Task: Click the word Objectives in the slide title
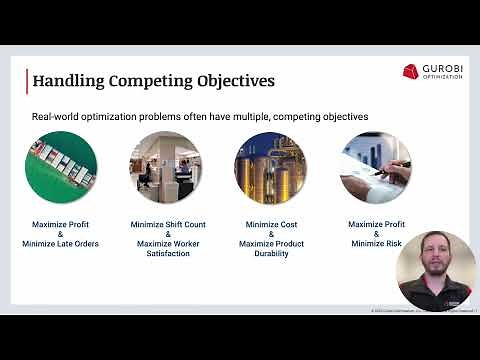[231, 80]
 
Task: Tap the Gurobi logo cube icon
[411, 71]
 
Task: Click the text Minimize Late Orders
[61, 244]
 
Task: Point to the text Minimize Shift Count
[165, 225]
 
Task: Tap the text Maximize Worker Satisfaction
[165, 249]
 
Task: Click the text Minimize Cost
[270, 225]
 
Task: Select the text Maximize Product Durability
[270, 249]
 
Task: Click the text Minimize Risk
[375, 244]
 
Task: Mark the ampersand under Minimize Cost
[270, 235]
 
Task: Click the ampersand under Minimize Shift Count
[165, 235]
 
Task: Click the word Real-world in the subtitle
[57, 117]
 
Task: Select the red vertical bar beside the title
[27, 79]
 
